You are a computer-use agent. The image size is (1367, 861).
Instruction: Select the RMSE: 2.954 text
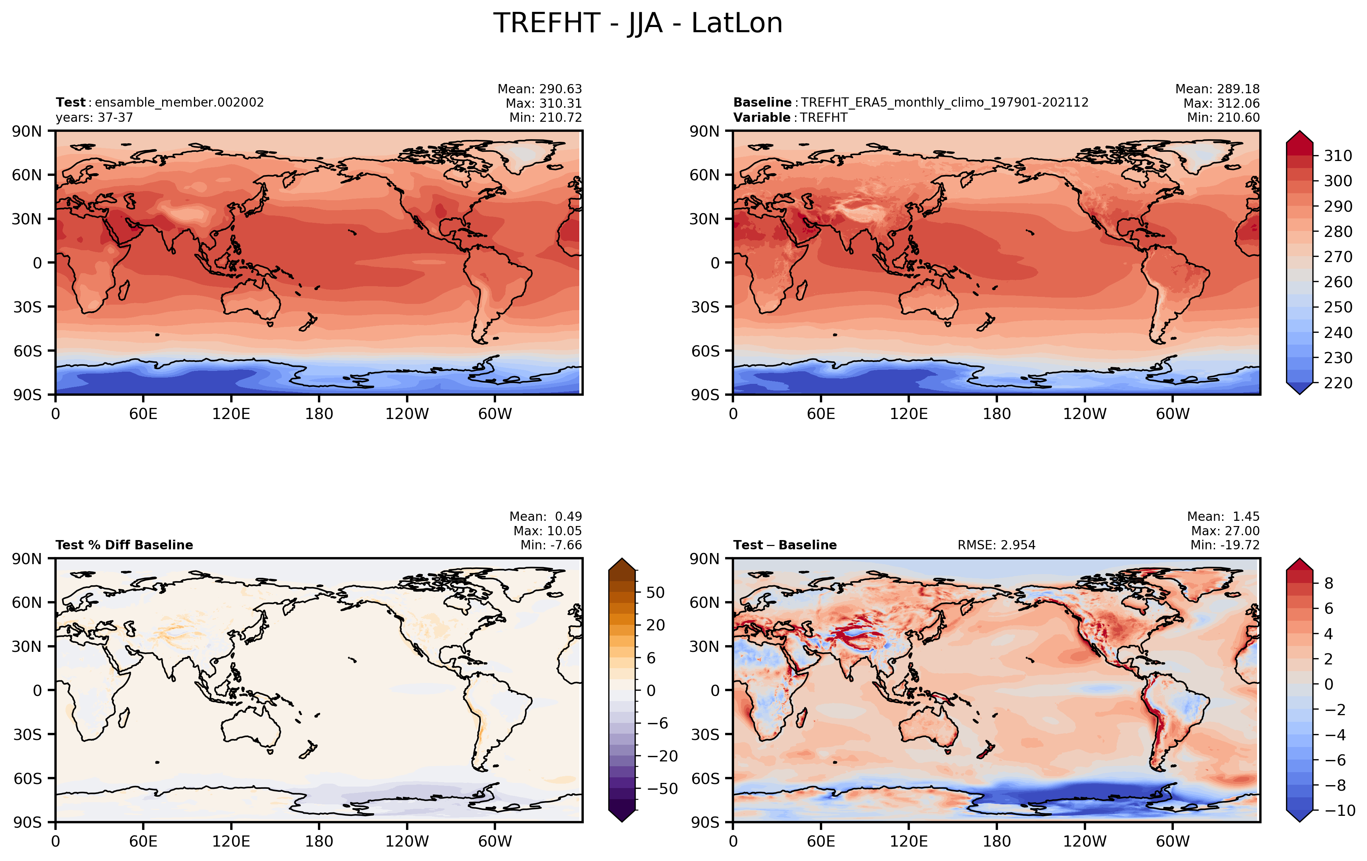tap(996, 545)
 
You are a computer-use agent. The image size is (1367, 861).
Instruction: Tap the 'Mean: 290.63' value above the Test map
tap(540, 89)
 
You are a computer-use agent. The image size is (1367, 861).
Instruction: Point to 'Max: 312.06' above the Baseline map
tap(1222, 103)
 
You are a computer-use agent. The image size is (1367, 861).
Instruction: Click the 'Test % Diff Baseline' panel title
tap(124, 545)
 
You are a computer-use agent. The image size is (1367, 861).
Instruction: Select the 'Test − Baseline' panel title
tap(785, 545)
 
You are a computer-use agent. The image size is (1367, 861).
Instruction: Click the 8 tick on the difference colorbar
tap(1329, 583)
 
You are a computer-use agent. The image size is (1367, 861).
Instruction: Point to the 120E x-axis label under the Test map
tap(231, 414)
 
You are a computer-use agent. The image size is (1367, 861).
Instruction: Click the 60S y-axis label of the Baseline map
tap(705, 351)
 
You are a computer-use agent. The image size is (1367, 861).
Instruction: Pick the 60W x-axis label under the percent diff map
tap(495, 841)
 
